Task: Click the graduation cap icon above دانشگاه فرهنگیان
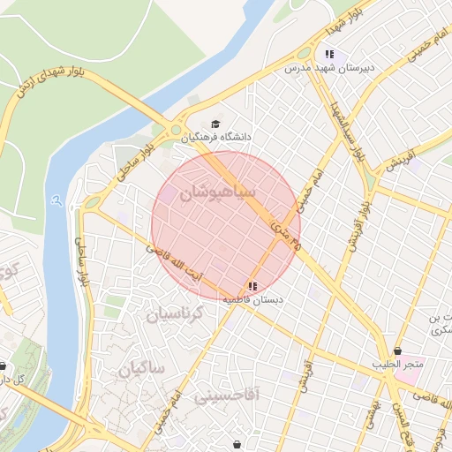[x=215, y=124]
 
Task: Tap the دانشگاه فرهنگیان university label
[x=216, y=138]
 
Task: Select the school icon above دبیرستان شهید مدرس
[x=329, y=54]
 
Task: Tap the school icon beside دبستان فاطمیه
[x=253, y=286]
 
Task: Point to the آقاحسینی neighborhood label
[x=226, y=397]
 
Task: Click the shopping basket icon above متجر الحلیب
[x=399, y=350]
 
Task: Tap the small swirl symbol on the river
[x=57, y=201]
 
